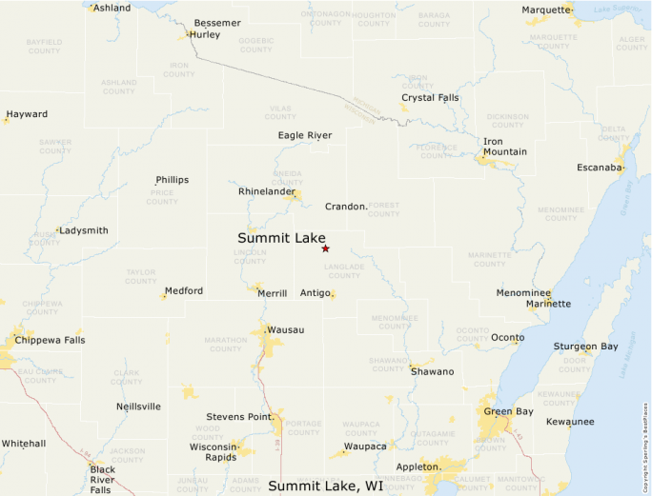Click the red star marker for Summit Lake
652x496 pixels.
[x=325, y=248]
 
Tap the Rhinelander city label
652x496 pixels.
[x=267, y=191]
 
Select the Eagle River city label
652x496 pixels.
[x=305, y=135]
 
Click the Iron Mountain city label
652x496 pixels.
[x=505, y=147]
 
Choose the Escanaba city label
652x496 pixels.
[x=601, y=168]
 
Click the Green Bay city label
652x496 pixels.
[x=507, y=411]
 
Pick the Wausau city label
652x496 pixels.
[x=286, y=329]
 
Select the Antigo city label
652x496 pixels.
[x=316, y=292]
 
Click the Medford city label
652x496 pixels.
[x=184, y=291]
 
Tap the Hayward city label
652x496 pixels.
[x=27, y=114]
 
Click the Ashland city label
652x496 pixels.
[x=112, y=8]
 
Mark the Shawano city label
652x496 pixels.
[x=432, y=371]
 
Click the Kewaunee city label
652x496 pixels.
[x=570, y=422]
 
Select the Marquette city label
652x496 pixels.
[x=545, y=10]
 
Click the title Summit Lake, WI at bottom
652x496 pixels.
[x=326, y=486]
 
